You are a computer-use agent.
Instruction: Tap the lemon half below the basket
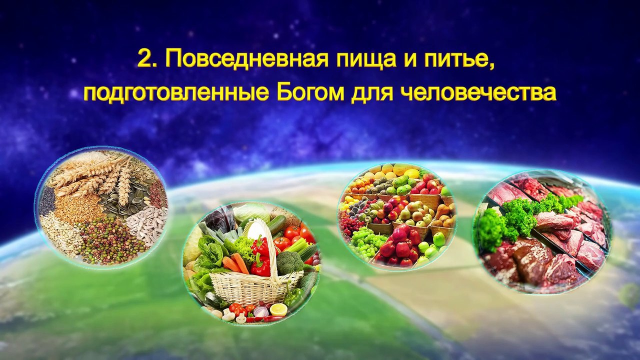(x=278, y=309)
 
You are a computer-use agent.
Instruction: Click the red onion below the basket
(x=260, y=311)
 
